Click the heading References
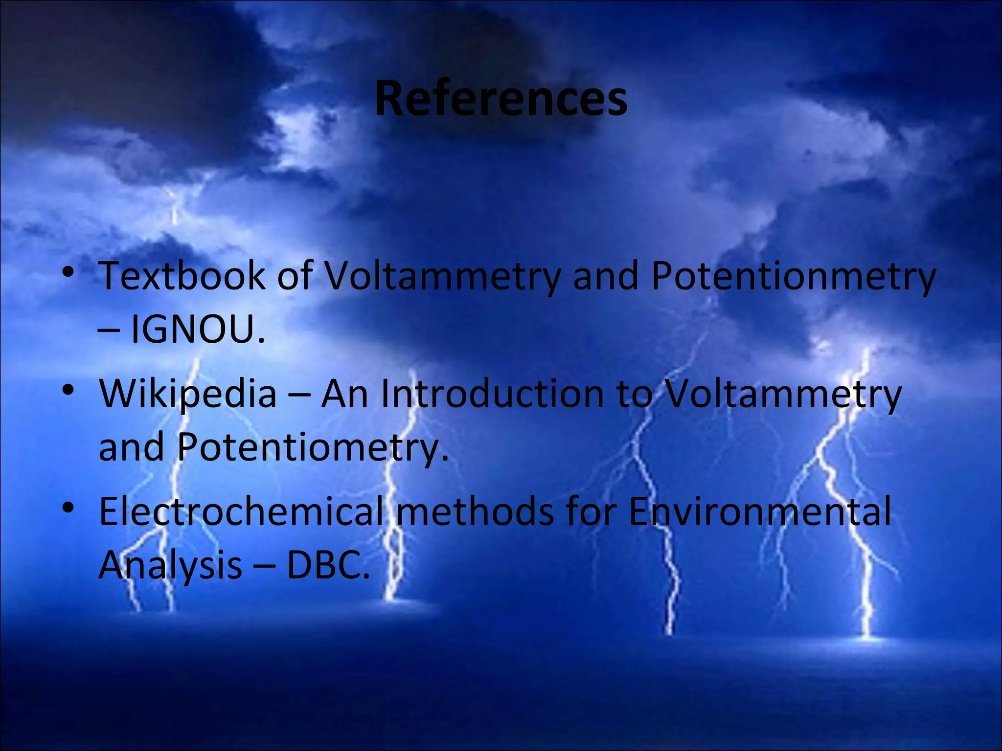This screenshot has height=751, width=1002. (x=501, y=99)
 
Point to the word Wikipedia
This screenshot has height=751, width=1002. (x=188, y=394)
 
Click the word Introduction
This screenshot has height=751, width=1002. (x=492, y=393)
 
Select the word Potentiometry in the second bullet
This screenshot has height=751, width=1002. (x=312, y=447)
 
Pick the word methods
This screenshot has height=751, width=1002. (x=475, y=511)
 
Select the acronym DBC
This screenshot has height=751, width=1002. (x=327, y=565)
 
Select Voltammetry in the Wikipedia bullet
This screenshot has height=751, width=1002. (x=783, y=394)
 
